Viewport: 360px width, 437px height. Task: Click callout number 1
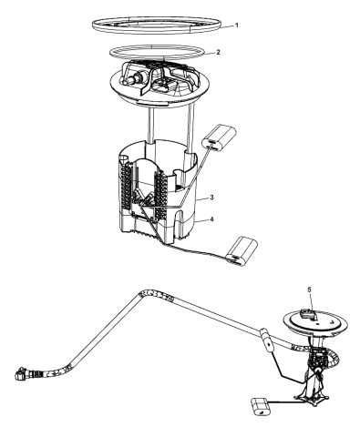point(237,25)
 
